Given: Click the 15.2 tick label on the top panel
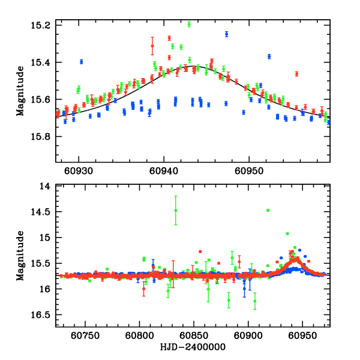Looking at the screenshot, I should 42,25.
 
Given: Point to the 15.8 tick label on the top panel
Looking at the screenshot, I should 42,136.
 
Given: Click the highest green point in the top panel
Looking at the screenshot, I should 189,24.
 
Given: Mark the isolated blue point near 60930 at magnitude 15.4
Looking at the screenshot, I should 81,61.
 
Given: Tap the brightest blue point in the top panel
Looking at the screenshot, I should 226,34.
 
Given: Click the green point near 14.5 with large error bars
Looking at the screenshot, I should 176,210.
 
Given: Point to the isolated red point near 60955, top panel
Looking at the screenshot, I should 296,74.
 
